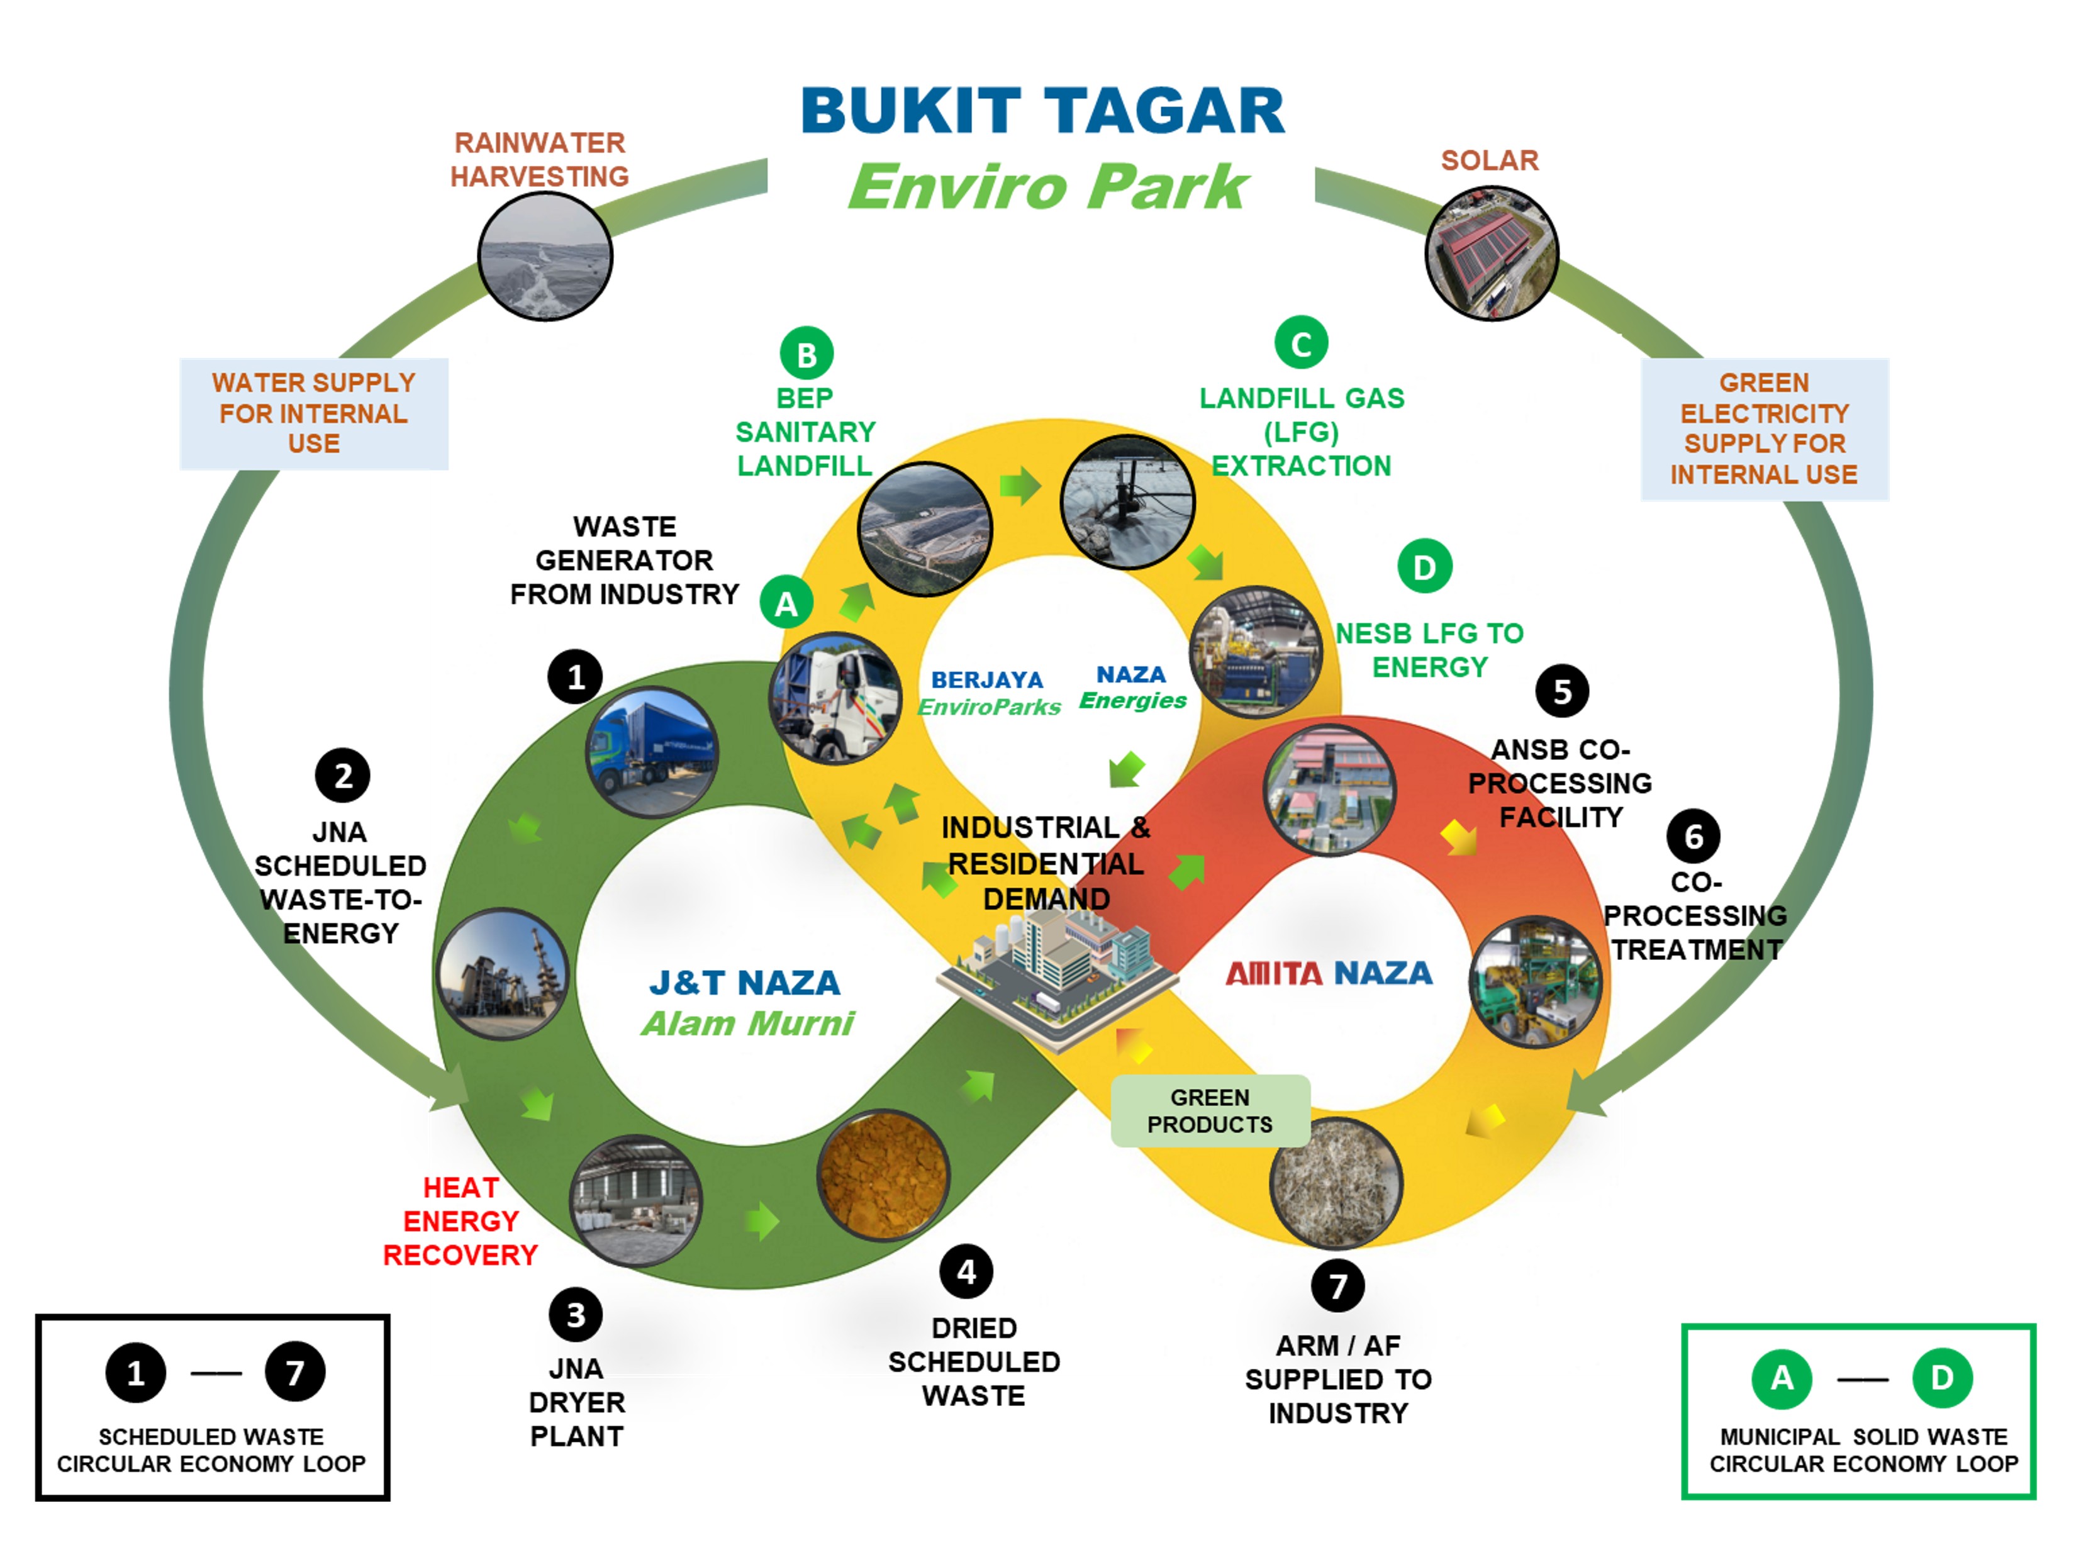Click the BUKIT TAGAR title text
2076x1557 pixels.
coord(1042,111)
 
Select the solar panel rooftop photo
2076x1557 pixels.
coord(1492,254)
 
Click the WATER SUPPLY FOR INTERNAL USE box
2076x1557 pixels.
coord(313,413)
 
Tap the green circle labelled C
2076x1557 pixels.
coord(1301,343)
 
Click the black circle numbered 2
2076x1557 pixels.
coord(343,775)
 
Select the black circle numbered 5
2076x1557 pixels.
coord(1561,691)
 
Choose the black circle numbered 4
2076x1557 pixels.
coord(966,1271)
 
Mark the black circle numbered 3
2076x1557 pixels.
coord(576,1315)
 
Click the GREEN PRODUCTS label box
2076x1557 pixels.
coord(1210,1110)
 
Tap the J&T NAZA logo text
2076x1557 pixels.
coord(745,983)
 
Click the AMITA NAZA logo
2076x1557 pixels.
coord(1329,973)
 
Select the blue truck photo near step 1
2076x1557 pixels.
coord(652,752)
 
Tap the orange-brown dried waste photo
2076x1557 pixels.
coord(882,1176)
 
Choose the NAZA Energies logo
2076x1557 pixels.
coord(1132,687)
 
